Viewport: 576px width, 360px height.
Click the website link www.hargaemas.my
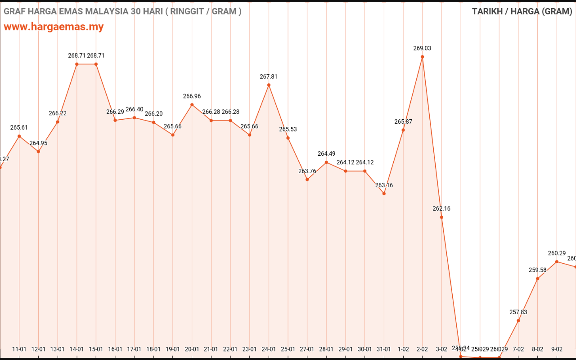point(54,27)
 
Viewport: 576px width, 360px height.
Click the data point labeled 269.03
point(422,57)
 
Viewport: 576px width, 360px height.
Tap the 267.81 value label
point(269,76)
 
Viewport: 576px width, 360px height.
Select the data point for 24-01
point(269,85)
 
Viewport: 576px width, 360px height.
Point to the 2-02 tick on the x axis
point(422,349)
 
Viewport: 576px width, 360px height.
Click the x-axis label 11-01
point(19,349)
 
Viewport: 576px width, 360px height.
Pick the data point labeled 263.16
point(384,193)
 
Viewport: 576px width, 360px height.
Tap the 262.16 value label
point(441,208)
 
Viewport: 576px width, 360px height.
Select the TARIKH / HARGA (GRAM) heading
point(522,11)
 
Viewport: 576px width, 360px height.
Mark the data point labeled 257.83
point(518,320)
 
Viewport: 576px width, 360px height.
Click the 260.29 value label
point(557,253)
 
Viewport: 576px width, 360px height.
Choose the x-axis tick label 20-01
point(192,349)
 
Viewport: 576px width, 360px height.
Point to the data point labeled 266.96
point(192,105)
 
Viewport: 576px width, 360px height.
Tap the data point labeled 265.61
point(19,136)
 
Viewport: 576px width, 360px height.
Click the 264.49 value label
point(326,153)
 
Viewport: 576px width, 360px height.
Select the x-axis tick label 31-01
point(384,349)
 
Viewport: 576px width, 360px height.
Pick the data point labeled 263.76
point(307,180)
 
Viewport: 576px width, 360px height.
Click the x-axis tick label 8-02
point(537,349)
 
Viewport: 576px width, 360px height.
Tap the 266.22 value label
point(58,113)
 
